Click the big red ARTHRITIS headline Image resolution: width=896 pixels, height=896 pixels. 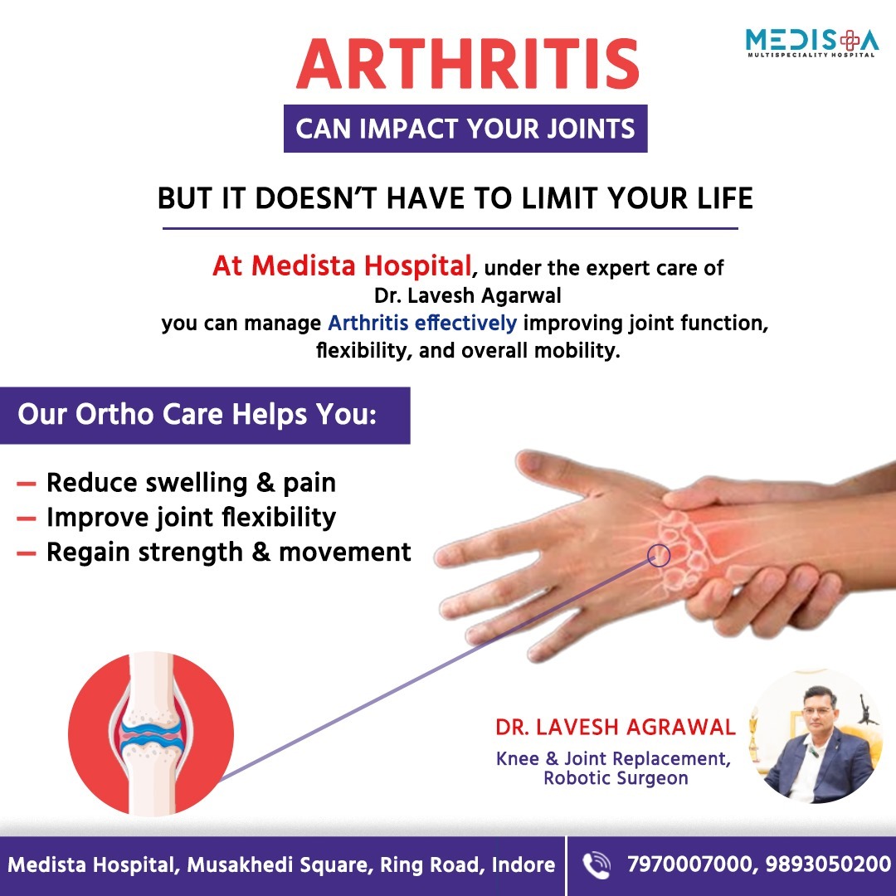[467, 63]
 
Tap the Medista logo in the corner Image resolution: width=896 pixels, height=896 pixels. [811, 43]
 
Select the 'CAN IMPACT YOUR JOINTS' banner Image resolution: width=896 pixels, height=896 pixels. [465, 129]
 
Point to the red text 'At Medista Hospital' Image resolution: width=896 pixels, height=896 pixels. [342, 265]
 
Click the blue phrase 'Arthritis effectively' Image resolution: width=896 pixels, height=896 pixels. [422, 323]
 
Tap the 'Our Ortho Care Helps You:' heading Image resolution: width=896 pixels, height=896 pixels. [197, 414]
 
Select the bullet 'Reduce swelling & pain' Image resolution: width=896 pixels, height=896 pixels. [191, 483]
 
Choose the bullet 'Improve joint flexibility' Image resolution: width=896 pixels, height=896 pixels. [191, 518]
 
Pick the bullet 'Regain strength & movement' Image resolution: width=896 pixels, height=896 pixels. [229, 552]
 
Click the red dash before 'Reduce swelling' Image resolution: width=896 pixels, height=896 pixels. [27, 485]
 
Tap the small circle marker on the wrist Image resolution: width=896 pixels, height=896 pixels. [658, 555]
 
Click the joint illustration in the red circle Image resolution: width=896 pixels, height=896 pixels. [151, 733]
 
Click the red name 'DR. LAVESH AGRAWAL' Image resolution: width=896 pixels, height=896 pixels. [616, 727]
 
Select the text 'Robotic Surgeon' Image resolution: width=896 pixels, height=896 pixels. [616, 778]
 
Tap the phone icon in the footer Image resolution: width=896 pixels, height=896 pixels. [596, 864]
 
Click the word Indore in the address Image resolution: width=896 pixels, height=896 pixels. [523, 864]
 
